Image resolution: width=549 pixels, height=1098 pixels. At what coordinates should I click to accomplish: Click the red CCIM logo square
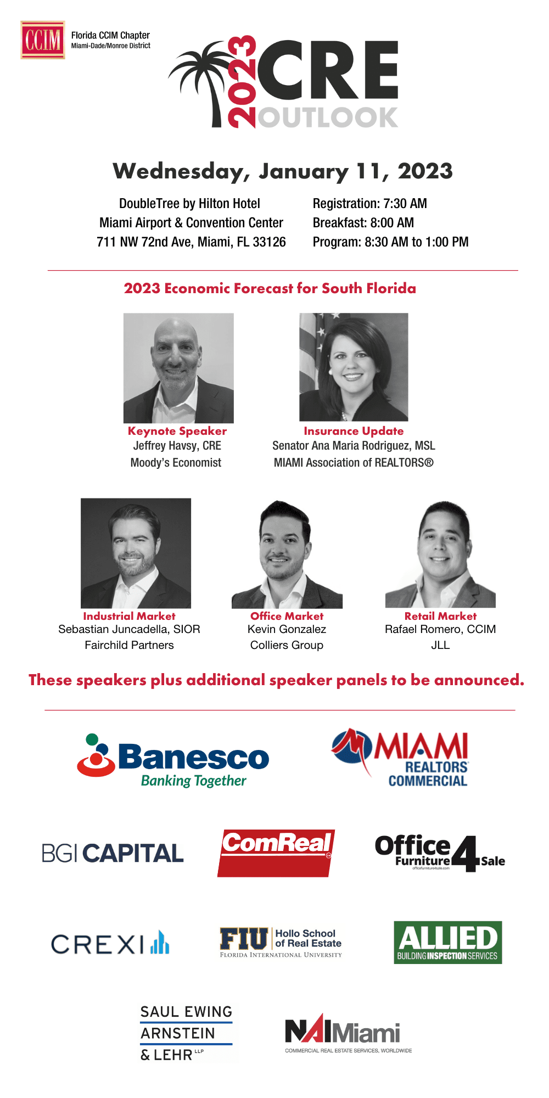coord(43,40)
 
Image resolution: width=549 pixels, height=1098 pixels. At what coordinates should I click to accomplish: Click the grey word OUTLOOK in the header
coord(327,117)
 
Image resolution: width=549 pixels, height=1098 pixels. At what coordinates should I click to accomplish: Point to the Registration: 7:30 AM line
coord(369,204)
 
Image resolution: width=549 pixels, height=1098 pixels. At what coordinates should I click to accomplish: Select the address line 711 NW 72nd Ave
coord(191,242)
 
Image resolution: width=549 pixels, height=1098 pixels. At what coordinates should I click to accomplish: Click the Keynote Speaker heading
coord(177,431)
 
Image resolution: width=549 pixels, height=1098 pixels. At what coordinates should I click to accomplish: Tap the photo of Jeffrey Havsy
coord(178,368)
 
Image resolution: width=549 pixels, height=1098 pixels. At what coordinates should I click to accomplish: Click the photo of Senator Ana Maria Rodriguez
coord(354,367)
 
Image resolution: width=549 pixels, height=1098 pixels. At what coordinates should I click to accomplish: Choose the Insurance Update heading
coord(354,431)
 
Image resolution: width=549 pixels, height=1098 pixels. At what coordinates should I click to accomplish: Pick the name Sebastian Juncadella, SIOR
coord(129,629)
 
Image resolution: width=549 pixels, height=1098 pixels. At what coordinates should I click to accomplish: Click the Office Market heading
coord(287,616)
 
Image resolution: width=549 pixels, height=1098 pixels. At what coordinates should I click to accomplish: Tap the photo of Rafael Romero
coord(440,553)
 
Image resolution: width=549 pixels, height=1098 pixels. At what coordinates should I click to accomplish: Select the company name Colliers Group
coord(287,645)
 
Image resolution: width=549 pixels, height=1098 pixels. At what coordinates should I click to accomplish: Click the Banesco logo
coord(173,760)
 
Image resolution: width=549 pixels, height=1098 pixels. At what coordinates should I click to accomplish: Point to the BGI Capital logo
coord(113,853)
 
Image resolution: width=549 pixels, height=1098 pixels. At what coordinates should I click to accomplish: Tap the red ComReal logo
coord(276,853)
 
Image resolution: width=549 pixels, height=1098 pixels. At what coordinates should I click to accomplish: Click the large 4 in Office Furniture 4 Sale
coord(466,854)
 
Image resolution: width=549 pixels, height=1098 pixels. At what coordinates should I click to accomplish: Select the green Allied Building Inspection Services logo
coord(448,943)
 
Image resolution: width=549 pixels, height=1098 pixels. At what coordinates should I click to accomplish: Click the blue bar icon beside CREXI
coord(160,942)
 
